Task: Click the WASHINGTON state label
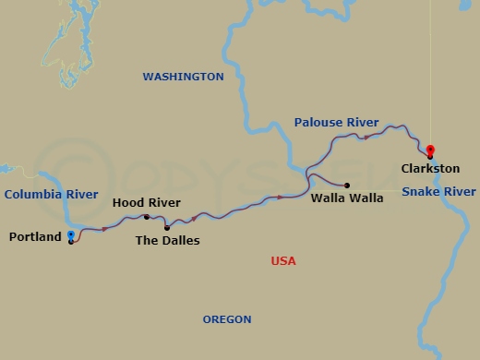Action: pyautogui.click(x=183, y=77)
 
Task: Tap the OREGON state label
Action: pyautogui.click(x=227, y=319)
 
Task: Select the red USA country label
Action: pyautogui.click(x=283, y=261)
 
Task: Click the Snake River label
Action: pyautogui.click(x=439, y=191)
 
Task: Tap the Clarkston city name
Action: pyautogui.click(x=430, y=169)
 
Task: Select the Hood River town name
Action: pyautogui.click(x=146, y=202)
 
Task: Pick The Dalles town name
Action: pyautogui.click(x=167, y=241)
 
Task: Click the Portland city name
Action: pyautogui.click(x=35, y=237)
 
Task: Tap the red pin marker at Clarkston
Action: pyautogui.click(x=429, y=150)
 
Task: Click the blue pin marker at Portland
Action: pyautogui.click(x=71, y=236)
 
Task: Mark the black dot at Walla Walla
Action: pyautogui.click(x=347, y=185)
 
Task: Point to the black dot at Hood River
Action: pyautogui.click(x=147, y=217)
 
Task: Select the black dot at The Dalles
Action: pyautogui.click(x=166, y=227)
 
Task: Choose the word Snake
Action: pyautogui.click(x=420, y=191)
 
